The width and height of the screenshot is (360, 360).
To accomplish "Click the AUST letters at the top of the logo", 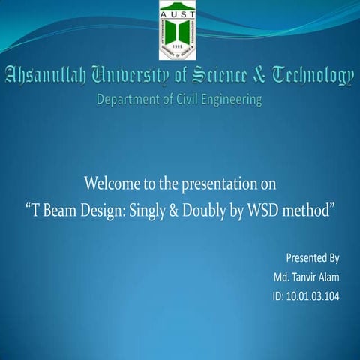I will pos(179,7).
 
